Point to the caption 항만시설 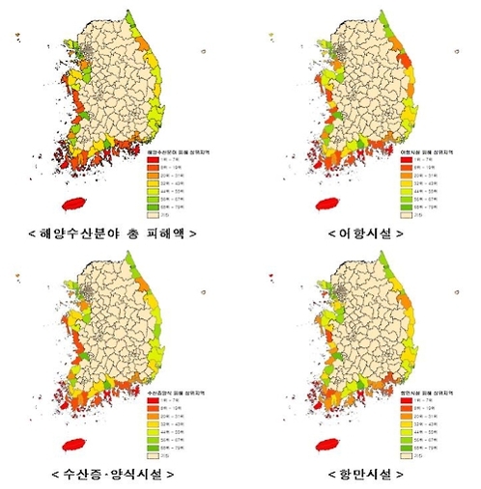[x=366, y=473]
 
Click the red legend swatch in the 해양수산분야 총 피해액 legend [x=152, y=161]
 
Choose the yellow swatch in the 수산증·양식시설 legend [x=152, y=424]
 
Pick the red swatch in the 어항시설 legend [x=406, y=161]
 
